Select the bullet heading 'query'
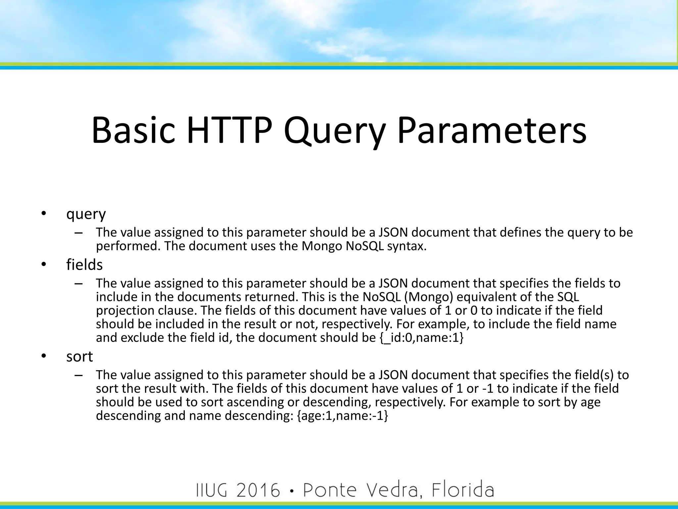click(x=86, y=214)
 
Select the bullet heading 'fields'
click(x=84, y=265)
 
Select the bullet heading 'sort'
click(x=79, y=357)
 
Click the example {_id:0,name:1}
click(x=421, y=338)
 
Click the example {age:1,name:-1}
click(x=342, y=416)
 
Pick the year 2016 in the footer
click(x=258, y=490)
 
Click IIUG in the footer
click(x=212, y=490)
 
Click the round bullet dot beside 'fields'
click(x=43, y=265)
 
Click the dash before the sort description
click(x=78, y=375)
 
